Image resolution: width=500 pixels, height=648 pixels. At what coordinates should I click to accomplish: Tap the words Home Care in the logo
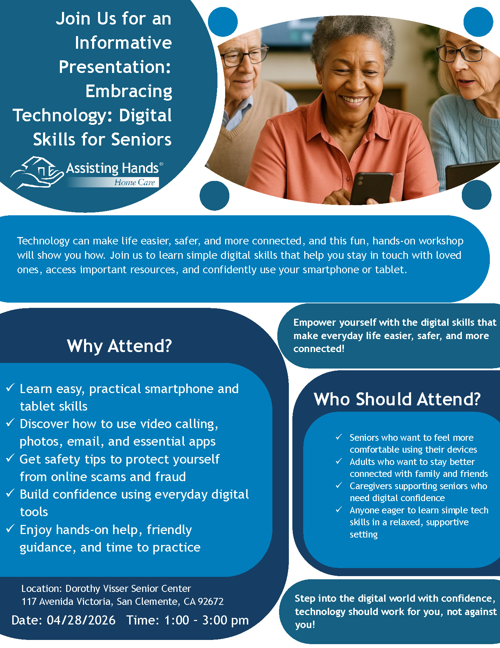pos(135,182)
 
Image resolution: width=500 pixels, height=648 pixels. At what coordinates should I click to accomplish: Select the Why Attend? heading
pos(119,346)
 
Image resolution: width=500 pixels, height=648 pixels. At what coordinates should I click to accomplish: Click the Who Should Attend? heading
pos(397,399)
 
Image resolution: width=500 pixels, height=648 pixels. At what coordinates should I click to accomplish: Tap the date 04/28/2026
pos(81,620)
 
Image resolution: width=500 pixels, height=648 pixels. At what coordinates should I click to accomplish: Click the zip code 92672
pos(211,601)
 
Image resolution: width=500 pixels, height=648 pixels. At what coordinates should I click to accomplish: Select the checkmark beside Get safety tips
pos(10,458)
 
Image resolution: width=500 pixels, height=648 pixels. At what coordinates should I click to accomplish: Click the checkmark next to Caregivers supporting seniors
pos(339,485)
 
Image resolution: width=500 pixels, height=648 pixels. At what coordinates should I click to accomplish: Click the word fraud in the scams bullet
pos(171,477)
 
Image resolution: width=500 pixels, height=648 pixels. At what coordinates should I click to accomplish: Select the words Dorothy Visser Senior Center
pos(128,588)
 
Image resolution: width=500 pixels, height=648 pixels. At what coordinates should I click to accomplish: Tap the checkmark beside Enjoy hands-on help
pos(10,528)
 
